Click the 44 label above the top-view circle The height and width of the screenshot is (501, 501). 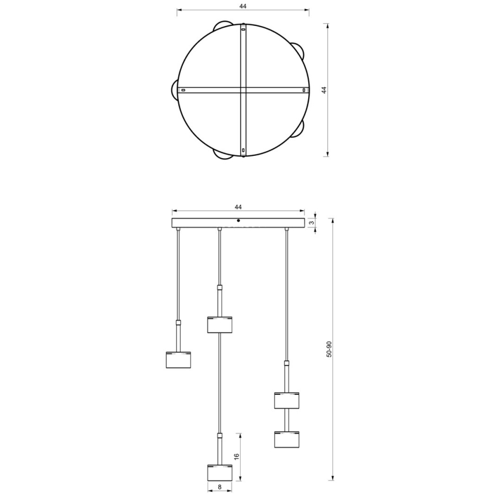pos(242,6)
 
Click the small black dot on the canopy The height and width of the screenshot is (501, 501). pos(238,220)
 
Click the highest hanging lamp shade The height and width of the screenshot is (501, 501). pos(219,324)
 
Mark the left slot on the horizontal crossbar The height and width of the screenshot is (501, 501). pos(184,90)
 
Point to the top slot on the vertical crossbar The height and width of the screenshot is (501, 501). pos(244,28)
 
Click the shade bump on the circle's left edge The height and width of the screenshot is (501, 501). pos(174,90)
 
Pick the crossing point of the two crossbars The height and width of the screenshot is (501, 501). pos(244,90)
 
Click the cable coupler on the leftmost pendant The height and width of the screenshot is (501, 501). pos(179,323)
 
